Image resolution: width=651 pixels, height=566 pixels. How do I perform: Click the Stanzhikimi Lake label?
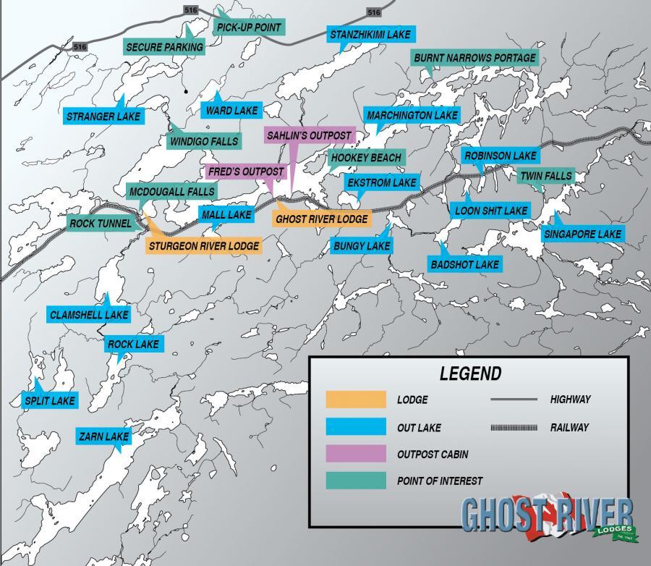point(370,35)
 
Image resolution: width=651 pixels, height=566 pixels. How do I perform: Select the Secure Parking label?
point(165,47)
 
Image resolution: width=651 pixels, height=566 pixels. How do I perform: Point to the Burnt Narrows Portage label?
point(475,58)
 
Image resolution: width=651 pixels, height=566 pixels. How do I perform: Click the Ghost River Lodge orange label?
point(322,219)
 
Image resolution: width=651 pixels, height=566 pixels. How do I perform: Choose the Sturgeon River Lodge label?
point(203,246)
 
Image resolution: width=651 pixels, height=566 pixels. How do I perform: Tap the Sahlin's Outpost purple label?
point(309,135)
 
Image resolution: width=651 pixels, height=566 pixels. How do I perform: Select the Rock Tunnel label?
point(101,224)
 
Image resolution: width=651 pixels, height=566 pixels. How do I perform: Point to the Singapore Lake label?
point(582,235)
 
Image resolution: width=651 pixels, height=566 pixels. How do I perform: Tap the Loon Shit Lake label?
point(490,211)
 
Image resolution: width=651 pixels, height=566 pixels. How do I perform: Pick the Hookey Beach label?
point(365,158)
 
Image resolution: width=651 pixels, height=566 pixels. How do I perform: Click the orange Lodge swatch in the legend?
point(355,400)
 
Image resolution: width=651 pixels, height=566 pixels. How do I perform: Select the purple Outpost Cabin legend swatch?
point(355,454)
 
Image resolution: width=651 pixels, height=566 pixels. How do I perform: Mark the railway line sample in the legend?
point(514,428)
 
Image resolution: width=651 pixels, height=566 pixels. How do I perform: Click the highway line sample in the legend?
point(514,400)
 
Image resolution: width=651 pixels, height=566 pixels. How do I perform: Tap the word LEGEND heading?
point(470,374)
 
